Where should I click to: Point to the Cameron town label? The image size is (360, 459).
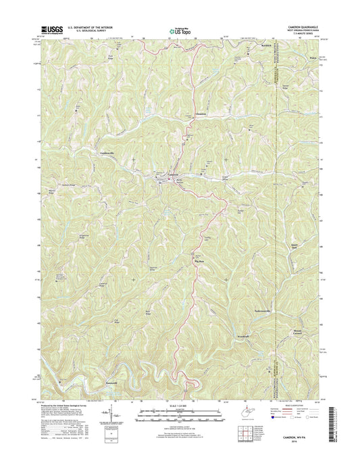174,178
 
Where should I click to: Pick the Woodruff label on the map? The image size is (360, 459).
246,316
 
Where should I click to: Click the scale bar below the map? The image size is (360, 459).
179,418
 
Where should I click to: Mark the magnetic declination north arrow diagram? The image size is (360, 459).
107,416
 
